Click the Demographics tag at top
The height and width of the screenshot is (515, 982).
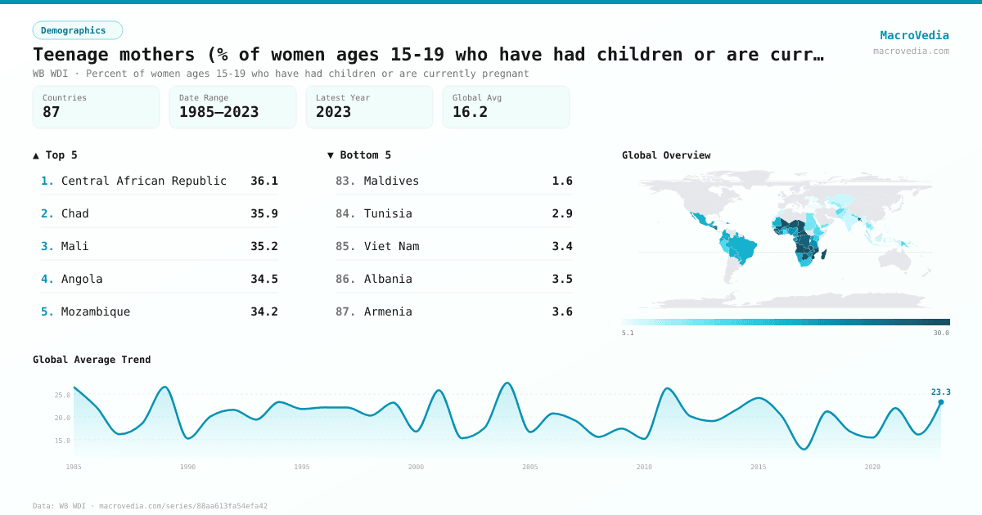point(77,30)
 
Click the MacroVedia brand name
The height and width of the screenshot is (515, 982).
point(914,35)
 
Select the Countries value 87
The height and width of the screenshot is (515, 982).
point(52,112)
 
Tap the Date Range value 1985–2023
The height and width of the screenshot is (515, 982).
point(218,112)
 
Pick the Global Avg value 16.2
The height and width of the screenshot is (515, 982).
point(470,112)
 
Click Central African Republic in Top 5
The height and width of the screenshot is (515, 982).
point(144,181)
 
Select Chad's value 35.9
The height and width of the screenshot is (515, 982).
point(264,213)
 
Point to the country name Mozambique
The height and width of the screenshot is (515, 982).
point(96,311)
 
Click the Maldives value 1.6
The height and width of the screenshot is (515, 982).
point(562,181)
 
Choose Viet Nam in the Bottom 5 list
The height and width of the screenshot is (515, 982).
point(391,246)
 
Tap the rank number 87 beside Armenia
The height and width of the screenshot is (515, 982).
point(345,311)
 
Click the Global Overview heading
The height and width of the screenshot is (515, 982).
point(666,155)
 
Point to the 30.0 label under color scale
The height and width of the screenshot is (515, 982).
point(941,333)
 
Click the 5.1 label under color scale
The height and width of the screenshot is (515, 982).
point(628,333)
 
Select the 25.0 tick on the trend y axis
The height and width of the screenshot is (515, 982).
point(62,395)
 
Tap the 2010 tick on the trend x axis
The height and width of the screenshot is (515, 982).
point(644,467)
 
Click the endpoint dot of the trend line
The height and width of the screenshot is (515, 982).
point(940,402)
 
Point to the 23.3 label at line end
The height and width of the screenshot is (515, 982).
point(940,392)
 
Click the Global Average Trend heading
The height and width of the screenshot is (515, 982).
point(92,360)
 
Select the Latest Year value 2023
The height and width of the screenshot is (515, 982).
point(333,112)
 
